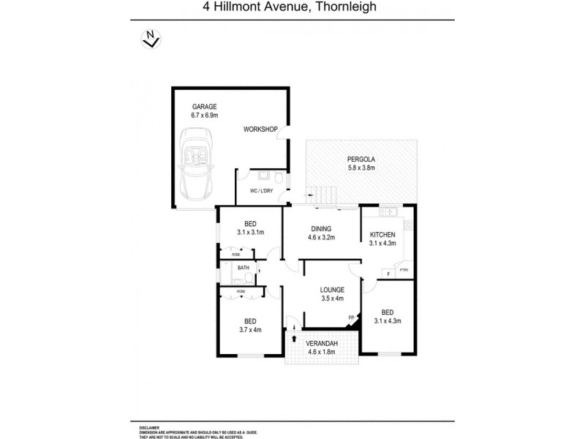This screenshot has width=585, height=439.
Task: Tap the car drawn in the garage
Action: coord(197,165)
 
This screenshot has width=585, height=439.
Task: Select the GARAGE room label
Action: coord(204,106)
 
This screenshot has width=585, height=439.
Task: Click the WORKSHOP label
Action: coord(261,130)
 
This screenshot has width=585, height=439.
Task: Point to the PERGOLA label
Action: coord(361,159)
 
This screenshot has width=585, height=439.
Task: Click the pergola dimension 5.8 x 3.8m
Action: coord(361,168)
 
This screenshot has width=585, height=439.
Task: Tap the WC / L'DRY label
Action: coord(261,191)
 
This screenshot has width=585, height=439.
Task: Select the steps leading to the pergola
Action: coord(321,195)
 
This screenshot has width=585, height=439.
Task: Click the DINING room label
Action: coord(320,228)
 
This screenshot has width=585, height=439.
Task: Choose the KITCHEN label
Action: coord(382,234)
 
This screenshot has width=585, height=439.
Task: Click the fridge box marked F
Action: coord(387,274)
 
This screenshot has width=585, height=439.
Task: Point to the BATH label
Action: coord(243,268)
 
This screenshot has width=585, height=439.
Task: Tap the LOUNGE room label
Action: coord(332,290)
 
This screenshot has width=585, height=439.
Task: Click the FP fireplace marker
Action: coord(352,318)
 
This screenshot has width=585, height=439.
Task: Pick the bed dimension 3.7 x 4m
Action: coord(249,330)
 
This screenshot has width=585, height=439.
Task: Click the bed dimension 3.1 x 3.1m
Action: coord(250,232)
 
